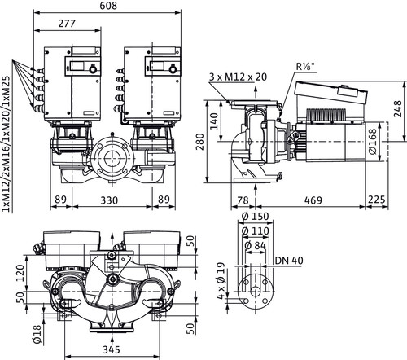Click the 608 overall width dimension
(x=108, y=6)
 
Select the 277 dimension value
(x=67, y=24)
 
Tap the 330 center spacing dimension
(x=109, y=200)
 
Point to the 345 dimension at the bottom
(x=112, y=349)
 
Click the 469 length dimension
(x=313, y=200)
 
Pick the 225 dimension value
(x=377, y=200)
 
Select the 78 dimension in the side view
(x=243, y=200)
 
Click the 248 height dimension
(x=398, y=109)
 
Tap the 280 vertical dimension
(x=200, y=142)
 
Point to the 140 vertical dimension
(x=214, y=121)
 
